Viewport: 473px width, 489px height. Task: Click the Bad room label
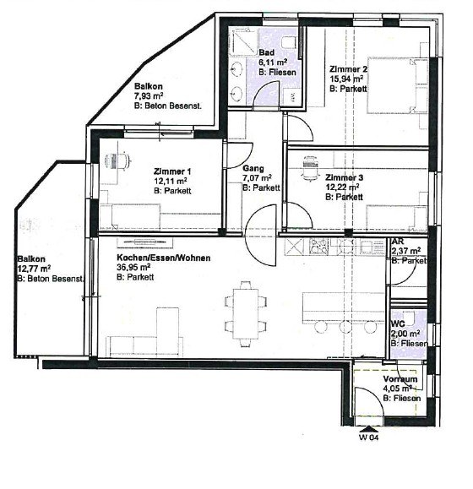(267, 52)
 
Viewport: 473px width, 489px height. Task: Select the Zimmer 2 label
(348, 69)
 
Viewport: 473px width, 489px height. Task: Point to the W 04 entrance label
(368, 437)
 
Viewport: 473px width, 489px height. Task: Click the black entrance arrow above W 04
(368, 429)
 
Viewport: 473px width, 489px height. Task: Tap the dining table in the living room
(246, 313)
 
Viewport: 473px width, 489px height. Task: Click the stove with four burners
(318, 246)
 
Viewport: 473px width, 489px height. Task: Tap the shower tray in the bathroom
(244, 41)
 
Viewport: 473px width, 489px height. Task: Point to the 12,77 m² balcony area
(35, 269)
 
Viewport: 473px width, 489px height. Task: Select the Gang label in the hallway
(253, 168)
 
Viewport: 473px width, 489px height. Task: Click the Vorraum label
(400, 379)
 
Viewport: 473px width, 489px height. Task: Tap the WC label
(398, 323)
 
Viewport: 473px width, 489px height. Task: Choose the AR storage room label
(397, 242)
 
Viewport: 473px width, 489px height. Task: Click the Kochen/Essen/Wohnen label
(163, 258)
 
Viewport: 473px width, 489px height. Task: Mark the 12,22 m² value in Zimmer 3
(342, 187)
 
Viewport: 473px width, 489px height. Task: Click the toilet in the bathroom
(289, 42)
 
